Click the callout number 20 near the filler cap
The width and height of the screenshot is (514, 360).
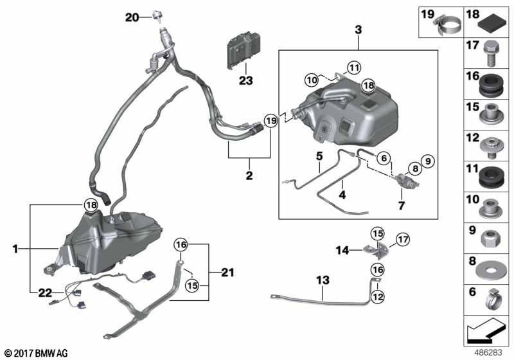pos(132,17)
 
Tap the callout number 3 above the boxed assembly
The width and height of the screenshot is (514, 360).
pos(358,30)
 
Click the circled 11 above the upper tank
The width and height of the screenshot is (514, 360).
pos(355,66)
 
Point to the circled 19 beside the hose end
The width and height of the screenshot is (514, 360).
pos(271,120)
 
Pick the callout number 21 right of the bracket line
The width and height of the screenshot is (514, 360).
pos(222,273)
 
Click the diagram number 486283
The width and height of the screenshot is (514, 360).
pos(489,352)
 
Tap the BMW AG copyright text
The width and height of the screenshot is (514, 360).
pos(36,352)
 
